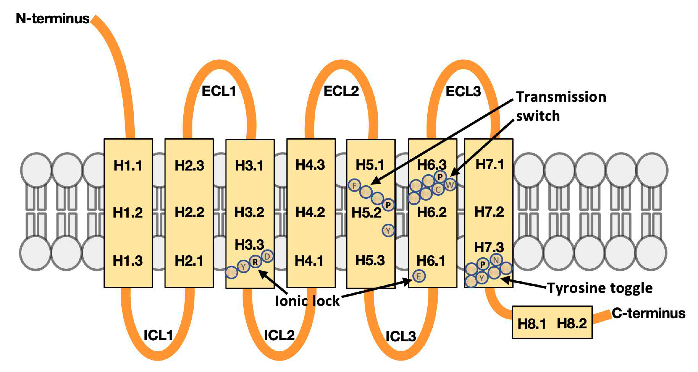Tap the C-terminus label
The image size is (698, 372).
click(x=648, y=313)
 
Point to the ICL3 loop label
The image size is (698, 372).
click(x=401, y=336)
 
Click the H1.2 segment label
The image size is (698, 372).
click(x=128, y=212)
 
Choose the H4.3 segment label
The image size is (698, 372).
click(x=310, y=165)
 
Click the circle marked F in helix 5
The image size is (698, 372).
click(x=354, y=186)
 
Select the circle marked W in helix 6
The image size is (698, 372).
click(x=450, y=185)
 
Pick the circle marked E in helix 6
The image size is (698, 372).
click(x=419, y=276)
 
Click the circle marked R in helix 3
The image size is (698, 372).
click(x=255, y=262)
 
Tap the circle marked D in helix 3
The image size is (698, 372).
click(x=267, y=256)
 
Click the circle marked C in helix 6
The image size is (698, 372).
click(x=438, y=189)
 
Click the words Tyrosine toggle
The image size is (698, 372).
click(x=600, y=288)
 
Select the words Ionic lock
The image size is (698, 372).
click(x=307, y=301)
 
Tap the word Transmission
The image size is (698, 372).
click(x=561, y=97)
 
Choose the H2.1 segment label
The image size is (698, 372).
click(x=189, y=261)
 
